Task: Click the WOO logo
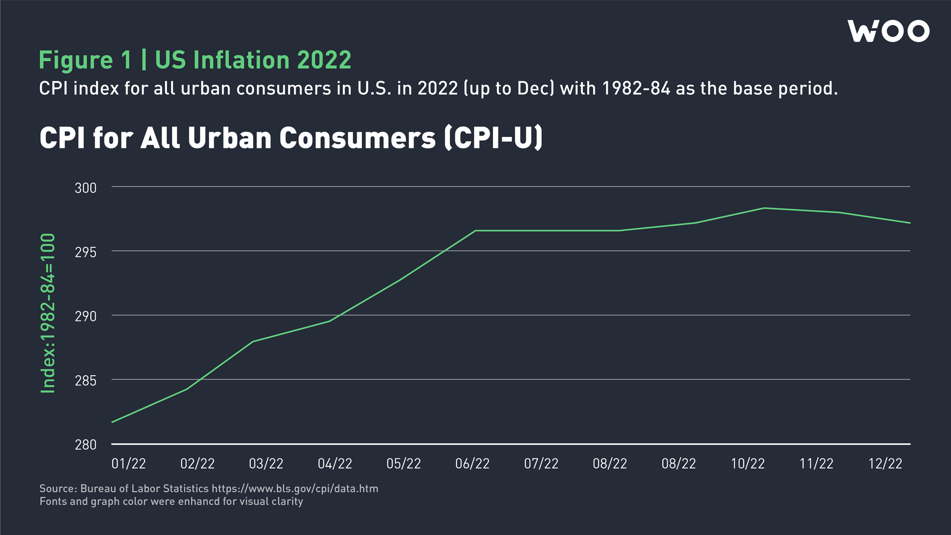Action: (x=888, y=31)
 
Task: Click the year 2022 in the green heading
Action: (x=324, y=60)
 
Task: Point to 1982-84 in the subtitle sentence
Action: (x=636, y=88)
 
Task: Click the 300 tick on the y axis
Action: (x=86, y=188)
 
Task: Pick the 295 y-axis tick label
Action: (x=86, y=252)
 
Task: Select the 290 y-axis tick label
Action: (x=86, y=316)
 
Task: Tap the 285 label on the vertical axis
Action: (x=86, y=380)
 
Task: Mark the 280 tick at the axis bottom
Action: (x=86, y=445)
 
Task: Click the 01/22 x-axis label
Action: (x=128, y=464)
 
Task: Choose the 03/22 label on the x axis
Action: (x=266, y=464)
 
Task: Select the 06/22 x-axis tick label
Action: (x=472, y=464)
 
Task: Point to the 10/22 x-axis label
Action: (x=747, y=464)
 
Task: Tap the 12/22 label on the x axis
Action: (x=885, y=464)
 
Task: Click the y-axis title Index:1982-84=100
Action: (x=48, y=313)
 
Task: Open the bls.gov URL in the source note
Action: (x=295, y=489)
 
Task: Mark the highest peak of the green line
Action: (x=764, y=208)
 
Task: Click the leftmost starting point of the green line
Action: (x=112, y=422)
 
